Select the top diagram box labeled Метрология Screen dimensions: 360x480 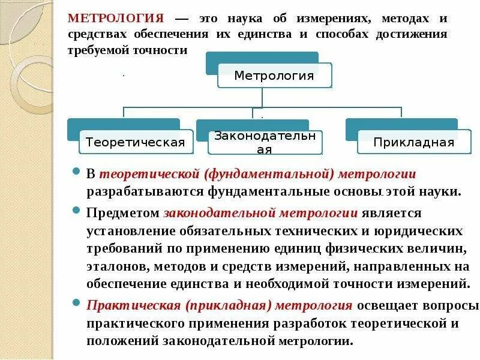click(x=274, y=76)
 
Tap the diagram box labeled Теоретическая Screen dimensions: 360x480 click(x=135, y=142)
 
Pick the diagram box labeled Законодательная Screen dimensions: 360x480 click(x=265, y=142)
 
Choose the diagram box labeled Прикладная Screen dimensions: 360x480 click(x=413, y=142)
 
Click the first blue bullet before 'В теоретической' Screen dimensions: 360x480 click(x=76, y=172)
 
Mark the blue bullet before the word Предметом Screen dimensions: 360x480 click(x=76, y=211)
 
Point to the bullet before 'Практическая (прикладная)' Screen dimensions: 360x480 click(x=76, y=303)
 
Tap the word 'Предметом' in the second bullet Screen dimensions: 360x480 click(x=122, y=212)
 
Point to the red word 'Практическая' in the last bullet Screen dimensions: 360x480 click(x=134, y=305)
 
